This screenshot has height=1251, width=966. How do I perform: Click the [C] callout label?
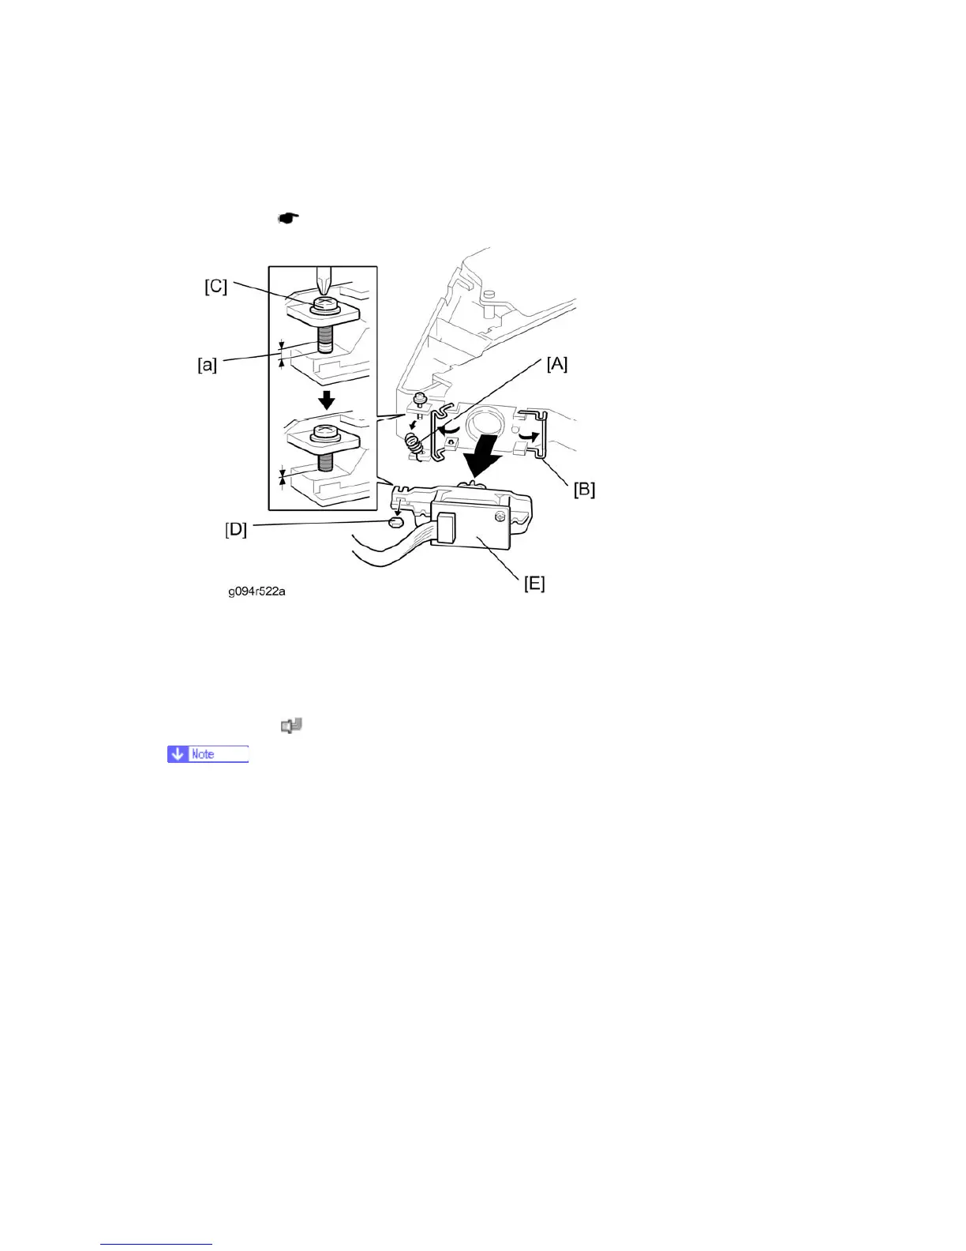pos(216,286)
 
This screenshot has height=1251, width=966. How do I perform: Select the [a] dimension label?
pos(207,366)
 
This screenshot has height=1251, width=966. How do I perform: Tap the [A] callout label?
pos(556,363)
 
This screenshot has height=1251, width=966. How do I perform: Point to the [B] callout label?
pos(584,489)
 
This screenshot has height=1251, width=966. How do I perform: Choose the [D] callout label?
pos(236,530)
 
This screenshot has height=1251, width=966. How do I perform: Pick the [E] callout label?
pos(534,584)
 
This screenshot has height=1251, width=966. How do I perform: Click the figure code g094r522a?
pos(256,591)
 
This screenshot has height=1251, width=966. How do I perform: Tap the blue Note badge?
pos(208,754)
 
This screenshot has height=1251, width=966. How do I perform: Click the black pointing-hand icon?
pos(288,218)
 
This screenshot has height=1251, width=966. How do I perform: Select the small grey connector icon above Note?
pos(292,725)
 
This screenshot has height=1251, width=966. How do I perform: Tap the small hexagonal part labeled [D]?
pos(397,522)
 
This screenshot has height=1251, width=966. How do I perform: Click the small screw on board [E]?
pos(499,517)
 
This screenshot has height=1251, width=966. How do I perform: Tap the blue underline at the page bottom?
pos(156,1245)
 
